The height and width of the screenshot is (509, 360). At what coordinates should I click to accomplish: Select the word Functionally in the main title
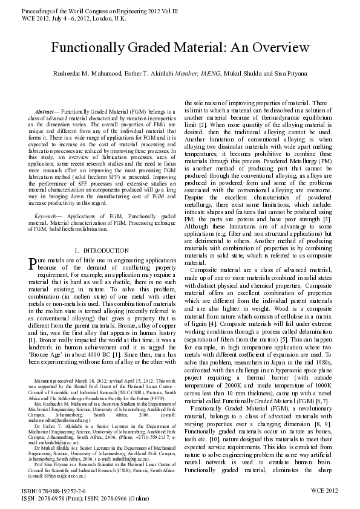86,48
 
